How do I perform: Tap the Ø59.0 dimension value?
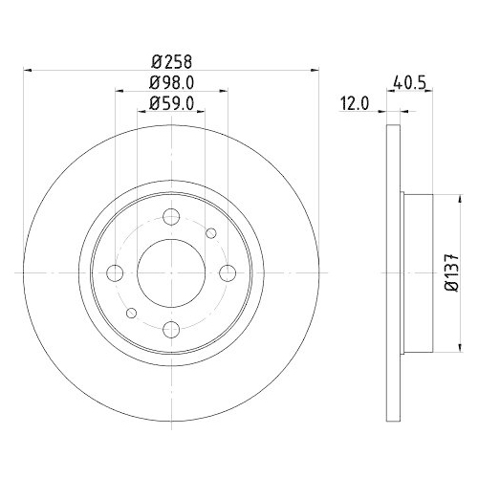[x=171, y=107]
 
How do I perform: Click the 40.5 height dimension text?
[x=404, y=83]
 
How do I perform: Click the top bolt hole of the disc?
[x=171, y=216]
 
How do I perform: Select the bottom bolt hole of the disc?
[x=171, y=330]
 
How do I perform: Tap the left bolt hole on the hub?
[x=115, y=272]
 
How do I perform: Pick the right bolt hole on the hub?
[x=228, y=272]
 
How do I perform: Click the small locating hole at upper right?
[x=210, y=231]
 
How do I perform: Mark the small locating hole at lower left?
[x=132, y=314]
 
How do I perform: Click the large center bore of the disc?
[x=171, y=272]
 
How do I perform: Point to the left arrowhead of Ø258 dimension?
[x=28, y=70]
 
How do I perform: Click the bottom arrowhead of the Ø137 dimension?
[x=444, y=349]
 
